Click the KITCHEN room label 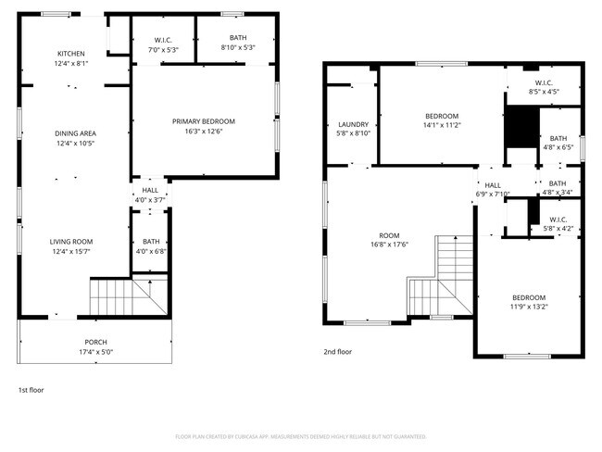71,54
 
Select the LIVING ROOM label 71,242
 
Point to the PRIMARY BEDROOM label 204,121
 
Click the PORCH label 95,343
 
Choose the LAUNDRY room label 354,124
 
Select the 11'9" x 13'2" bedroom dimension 528,307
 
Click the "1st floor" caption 31,390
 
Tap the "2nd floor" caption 338,352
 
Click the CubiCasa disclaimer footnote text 301,435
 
